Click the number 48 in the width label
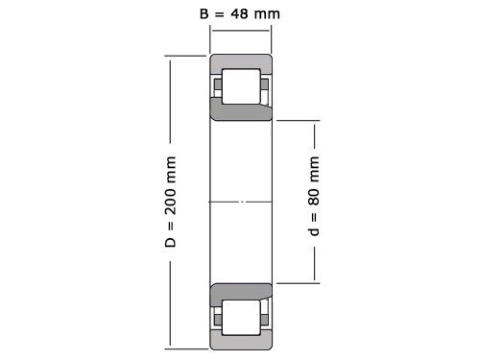click(x=239, y=14)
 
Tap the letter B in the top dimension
click(x=204, y=14)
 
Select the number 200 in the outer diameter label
click(x=171, y=202)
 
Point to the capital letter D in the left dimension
click(x=171, y=243)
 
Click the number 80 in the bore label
click(x=314, y=197)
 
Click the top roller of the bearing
click(x=241, y=86)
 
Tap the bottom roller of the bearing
click(x=241, y=318)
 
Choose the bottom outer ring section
click(x=241, y=341)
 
